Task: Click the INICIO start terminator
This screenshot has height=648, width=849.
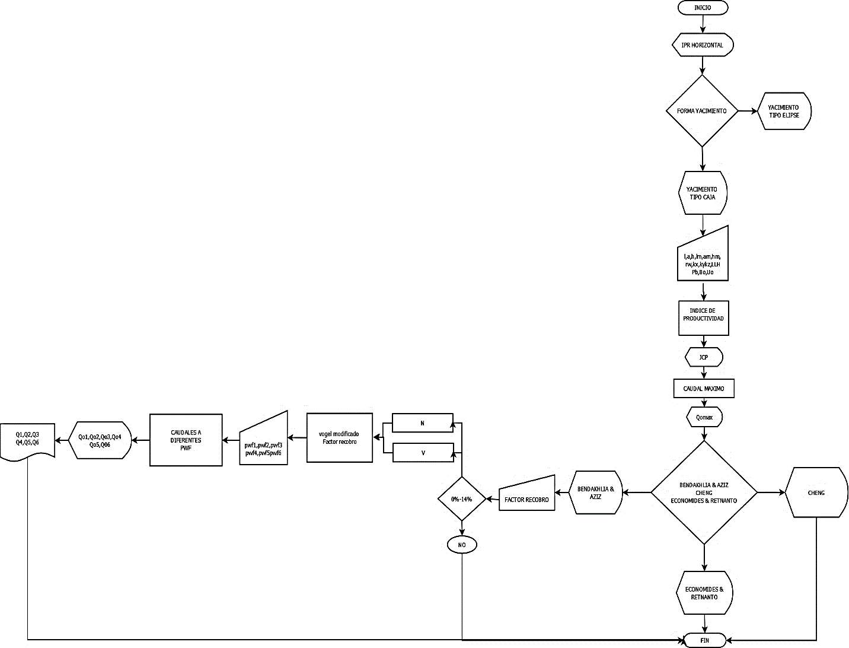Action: click(703, 8)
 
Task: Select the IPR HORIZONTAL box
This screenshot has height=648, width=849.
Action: click(703, 45)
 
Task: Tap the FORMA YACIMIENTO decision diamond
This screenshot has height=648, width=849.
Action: click(703, 111)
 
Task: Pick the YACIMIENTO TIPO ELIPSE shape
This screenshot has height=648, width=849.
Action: click(784, 111)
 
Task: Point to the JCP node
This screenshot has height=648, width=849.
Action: click(704, 358)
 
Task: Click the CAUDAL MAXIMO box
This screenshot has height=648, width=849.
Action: click(704, 388)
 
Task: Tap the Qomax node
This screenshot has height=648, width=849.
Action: click(704, 418)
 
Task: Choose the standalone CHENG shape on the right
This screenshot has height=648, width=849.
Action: click(816, 493)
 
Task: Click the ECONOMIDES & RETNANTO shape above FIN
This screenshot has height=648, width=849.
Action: click(704, 593)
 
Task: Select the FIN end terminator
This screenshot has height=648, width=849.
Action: click(704, 640)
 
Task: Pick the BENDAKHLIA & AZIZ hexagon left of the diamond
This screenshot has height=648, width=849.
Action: click(596, 493)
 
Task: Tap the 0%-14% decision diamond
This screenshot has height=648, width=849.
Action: click(461, 499)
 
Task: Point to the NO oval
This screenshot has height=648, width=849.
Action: click(461, 545)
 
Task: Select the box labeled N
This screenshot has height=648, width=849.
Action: click(422, 423)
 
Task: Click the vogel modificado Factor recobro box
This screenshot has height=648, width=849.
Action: click(339, 438)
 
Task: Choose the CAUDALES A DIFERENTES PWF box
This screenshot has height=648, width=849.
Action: click(186, 440)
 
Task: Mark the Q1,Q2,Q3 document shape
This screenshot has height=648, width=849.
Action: click(28, 439)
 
